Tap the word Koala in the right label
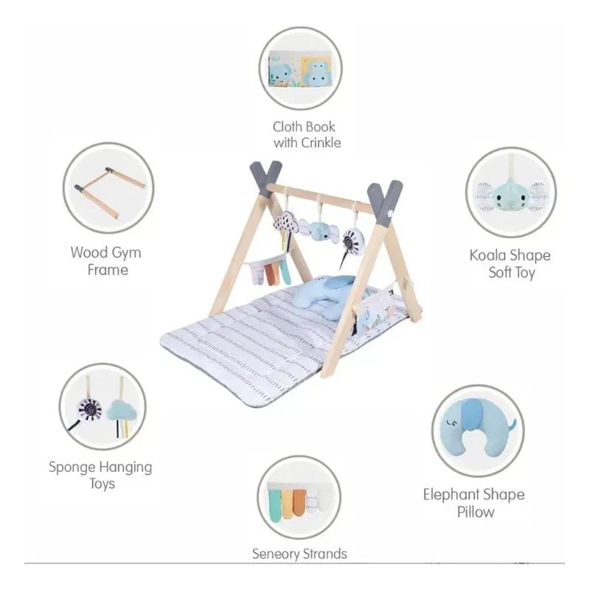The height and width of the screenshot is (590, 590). pyautogui.click(x=487, y=255)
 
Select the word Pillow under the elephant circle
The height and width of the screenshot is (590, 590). pyautogui.click(x=476, y=512)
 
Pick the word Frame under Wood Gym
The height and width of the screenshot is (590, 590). pyautogui.click(x=108, y=270)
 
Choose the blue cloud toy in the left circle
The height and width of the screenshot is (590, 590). pyautogui.click(x=122, y=411)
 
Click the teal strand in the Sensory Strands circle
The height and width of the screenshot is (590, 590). pyautogui.click(x=274, y=505)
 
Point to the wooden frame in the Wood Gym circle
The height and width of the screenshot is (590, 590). pyautogui.click(x=110, y=191)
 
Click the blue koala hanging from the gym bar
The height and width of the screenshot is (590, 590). pyautogui.click(x=320, y=230)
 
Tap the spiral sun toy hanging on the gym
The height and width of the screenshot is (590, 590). pyautogui.click(x=354, y=240)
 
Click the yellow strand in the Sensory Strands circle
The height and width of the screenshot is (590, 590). pyautogui.click(x=287, y=504)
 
